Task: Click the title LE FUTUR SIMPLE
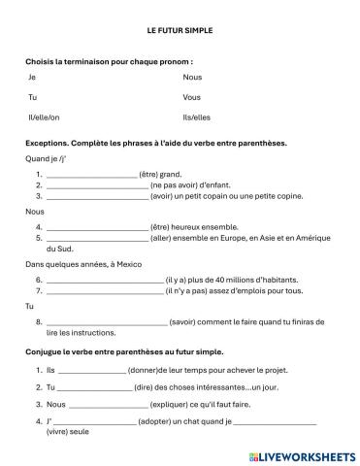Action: [x=180, y=30]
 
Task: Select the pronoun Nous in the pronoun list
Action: [x=191, y=76]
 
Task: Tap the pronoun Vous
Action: [x=191, y=97]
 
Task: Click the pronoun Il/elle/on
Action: [x=45, y=117]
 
